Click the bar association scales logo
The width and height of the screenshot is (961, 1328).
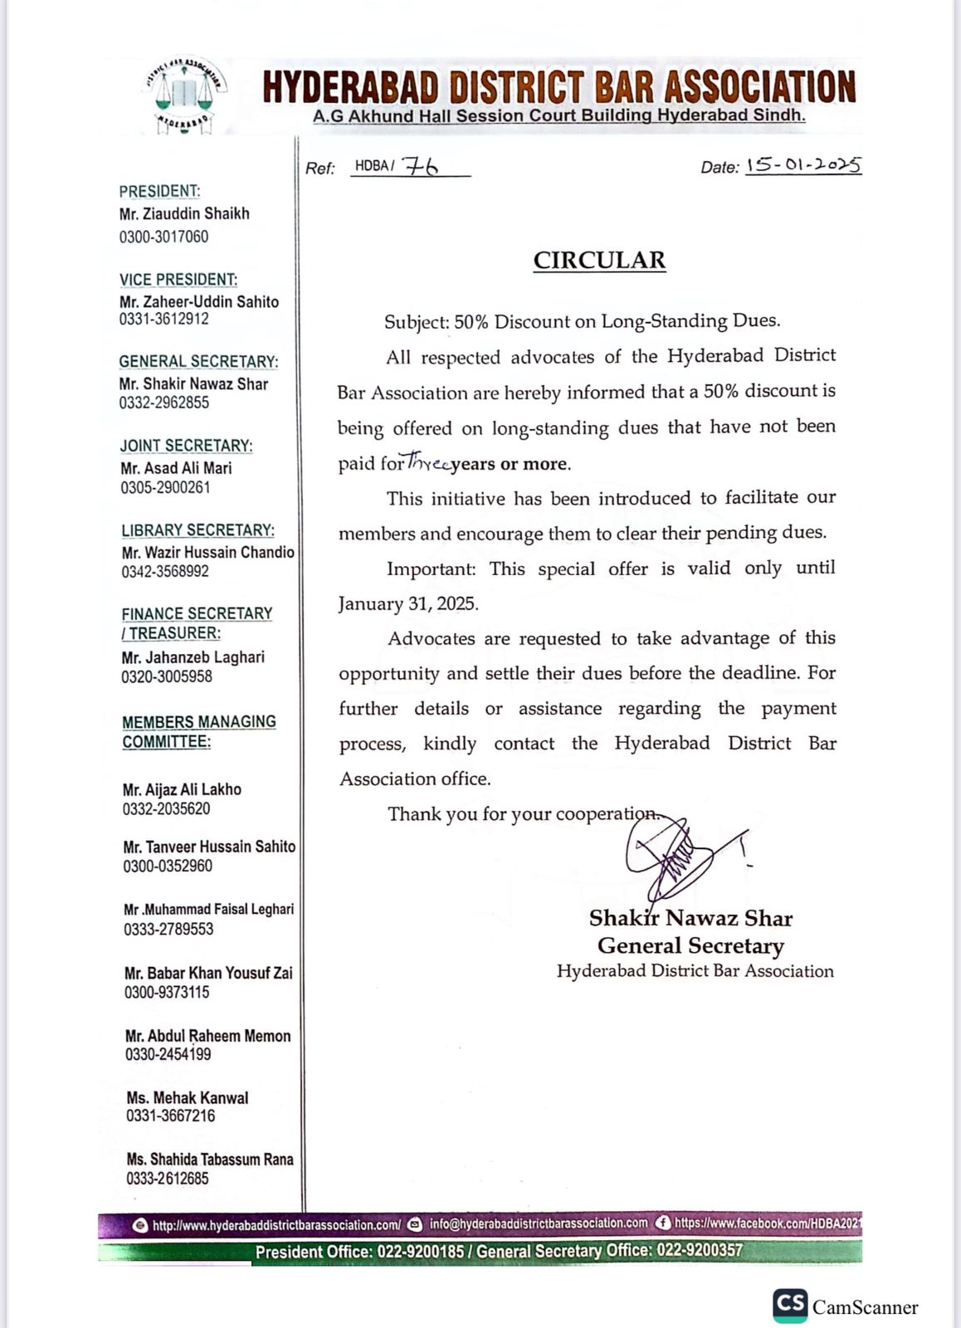coord(185,95)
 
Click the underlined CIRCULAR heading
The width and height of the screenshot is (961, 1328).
coord(599,261)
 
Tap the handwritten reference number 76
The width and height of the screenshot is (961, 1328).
coord(420,166)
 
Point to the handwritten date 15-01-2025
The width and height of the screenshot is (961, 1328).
coord(803,165)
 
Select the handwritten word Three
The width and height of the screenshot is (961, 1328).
coord(428,463)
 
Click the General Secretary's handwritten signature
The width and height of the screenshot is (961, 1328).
coord(676,855)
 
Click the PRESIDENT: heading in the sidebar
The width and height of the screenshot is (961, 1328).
coord(159,191)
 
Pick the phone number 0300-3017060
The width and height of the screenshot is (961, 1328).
coord(163,237)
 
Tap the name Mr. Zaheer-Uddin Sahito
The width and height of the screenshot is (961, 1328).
coord(199,301)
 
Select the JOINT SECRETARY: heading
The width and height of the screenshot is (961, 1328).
coord(187,446)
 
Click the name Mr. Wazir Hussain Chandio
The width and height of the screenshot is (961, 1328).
coord(208,552)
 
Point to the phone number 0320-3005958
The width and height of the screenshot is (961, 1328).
coord(167,676)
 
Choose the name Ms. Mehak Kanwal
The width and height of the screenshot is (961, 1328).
coord(188,1097)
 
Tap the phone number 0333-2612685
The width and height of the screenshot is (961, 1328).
coord(168,1179)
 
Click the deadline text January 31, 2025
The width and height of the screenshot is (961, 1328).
coord(408,603)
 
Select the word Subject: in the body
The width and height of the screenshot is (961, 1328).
coord(417,322)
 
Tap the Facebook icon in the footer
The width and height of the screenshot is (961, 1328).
coord(663,1223)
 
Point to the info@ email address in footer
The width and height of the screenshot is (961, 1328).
coord(539,1223)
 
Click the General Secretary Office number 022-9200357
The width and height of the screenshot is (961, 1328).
coord(700,1250)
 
